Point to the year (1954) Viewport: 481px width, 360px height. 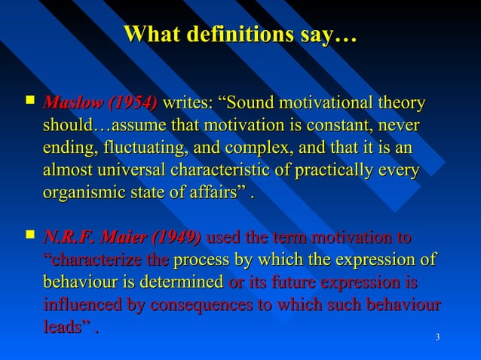pos(133,102)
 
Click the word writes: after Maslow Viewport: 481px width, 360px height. pos(187,102)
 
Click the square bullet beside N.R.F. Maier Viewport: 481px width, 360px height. pos(29,238)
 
